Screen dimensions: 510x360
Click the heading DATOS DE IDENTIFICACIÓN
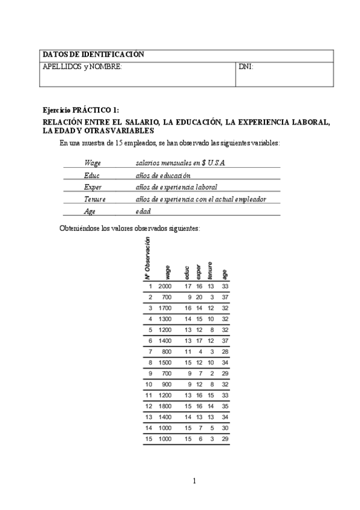(93, 55)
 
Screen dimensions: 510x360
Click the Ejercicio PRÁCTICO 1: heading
(81, 111)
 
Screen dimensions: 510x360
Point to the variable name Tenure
(96, 199)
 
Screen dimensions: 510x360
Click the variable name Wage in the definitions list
(93, 163)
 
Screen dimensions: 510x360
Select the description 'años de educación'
(163, 175)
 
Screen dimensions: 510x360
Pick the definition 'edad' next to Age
(143, 211)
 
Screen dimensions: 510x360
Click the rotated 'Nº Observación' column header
(147, 259)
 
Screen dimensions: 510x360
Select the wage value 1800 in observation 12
(165, 406)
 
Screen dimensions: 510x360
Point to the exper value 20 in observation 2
(199, 297)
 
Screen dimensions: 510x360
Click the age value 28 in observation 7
(225, 351)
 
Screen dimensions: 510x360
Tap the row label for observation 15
(149, 438)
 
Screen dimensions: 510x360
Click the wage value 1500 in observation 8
(165, 363)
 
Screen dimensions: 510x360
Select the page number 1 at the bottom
(194, 481)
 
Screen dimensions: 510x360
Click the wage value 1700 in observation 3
(165, 308)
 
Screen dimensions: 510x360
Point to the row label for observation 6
(150, 340)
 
